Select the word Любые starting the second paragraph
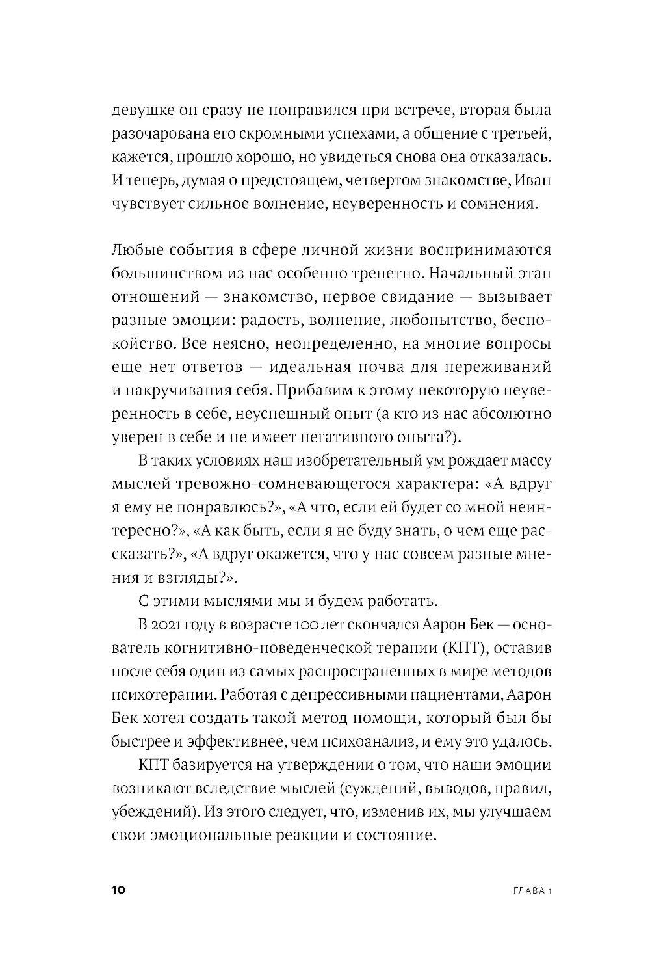[136, 250]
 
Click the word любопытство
[441, 320]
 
